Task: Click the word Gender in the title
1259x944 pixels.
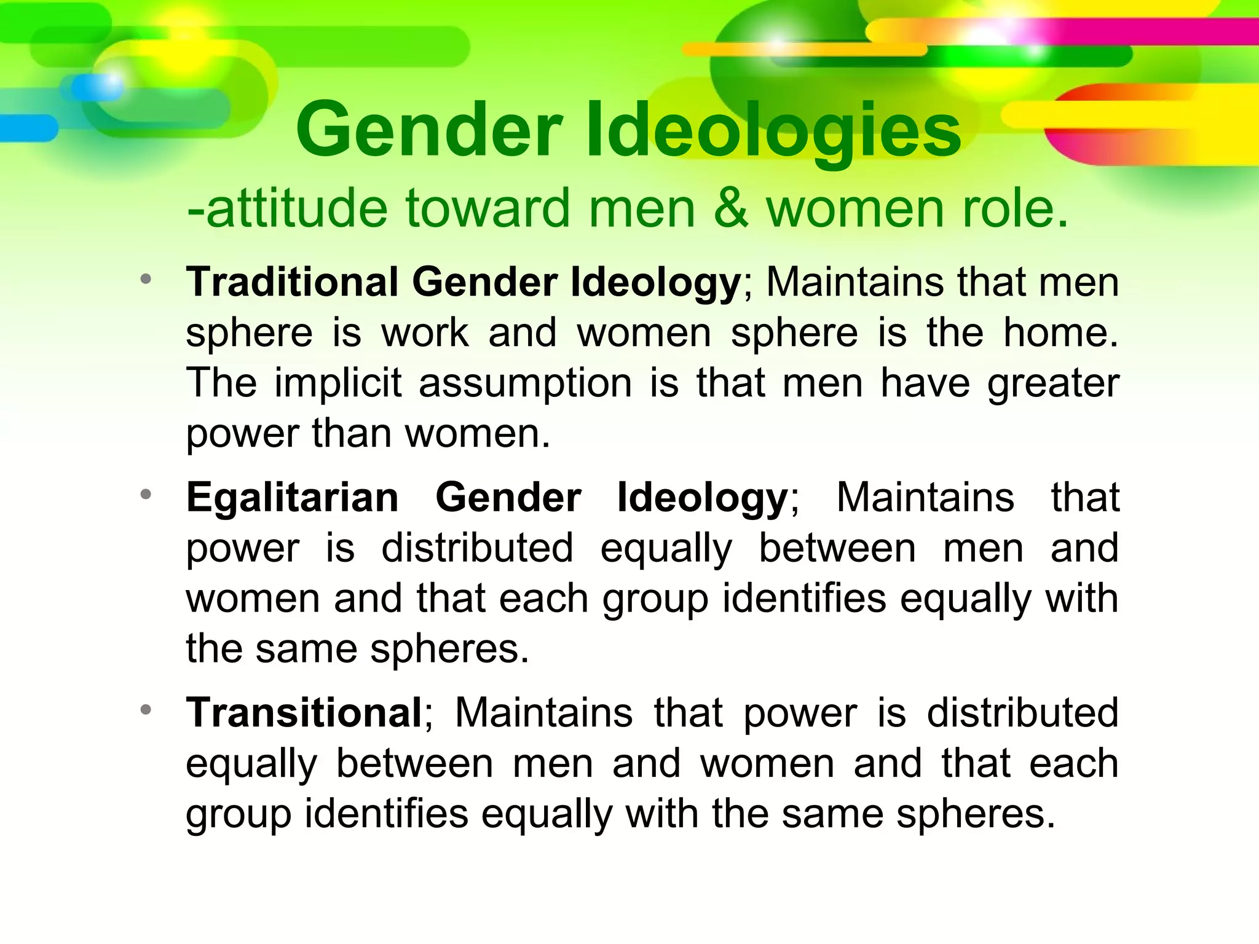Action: coord(429,131)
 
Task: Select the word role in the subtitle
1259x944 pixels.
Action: coord(1015,208)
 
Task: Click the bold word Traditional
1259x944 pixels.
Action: coord(292,282)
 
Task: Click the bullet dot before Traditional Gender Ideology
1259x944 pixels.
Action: coord(146,280)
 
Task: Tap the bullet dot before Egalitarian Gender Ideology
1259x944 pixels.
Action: coord(146,494)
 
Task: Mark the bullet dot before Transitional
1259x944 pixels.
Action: coord(146,710)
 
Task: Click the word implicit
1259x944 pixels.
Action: coord(337,383)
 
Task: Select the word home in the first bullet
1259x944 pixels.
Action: coord(1060,332)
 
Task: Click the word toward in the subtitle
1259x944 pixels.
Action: coord(487,208)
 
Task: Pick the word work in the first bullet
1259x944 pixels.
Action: coord(425,332)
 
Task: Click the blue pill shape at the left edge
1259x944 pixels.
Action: coord(28,128)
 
